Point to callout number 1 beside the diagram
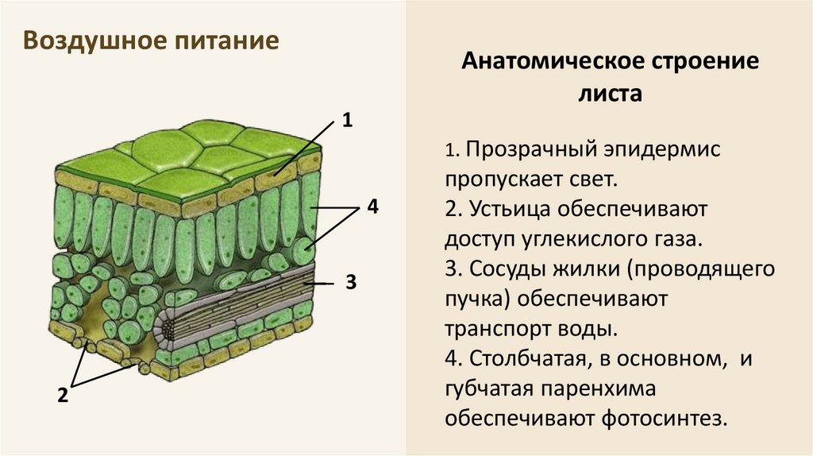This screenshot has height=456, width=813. click(346, 121)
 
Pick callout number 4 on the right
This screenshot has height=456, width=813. click(372, 207)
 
